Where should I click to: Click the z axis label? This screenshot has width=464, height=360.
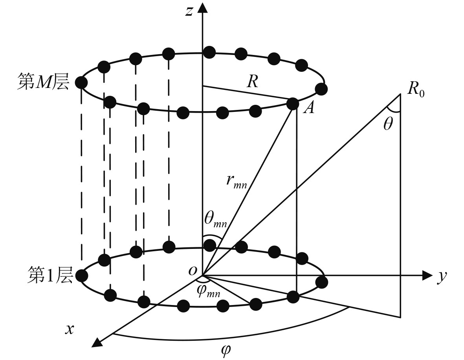point(189,11)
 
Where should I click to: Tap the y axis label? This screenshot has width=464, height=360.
point(442,276)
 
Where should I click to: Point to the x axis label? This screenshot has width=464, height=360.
point(70,329)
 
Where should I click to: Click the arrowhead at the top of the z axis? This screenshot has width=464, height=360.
point(202,7)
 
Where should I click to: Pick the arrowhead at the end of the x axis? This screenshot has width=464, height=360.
point(96,343)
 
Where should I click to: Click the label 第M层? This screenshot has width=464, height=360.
point(43,83)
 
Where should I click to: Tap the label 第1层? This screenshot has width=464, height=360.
point(50,275)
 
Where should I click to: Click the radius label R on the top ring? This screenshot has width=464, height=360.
point(252,82)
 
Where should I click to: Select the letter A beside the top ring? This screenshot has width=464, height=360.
point(309,108)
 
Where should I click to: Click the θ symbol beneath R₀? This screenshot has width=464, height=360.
point(388,125)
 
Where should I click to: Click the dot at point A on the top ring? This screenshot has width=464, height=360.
point(293,104)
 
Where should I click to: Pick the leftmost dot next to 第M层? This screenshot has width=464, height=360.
point(81,83)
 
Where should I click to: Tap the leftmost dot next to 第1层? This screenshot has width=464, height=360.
point(81,276)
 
